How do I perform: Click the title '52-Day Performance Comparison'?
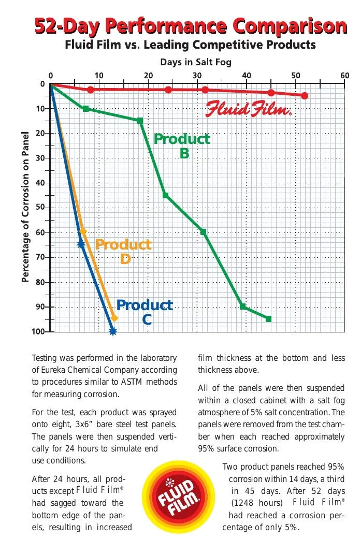pos(190,26)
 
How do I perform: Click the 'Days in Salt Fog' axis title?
pos(196,62)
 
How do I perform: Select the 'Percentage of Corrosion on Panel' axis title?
pos(25,207)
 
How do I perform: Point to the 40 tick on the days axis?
pos(247,76)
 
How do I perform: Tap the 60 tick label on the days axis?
pos(345,76)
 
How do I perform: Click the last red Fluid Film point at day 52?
pos(305,96)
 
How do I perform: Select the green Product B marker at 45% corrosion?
pos(165,195)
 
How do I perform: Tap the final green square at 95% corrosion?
pos(268,319)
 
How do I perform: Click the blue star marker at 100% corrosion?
pos(112,331)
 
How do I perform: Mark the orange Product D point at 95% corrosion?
pos(114,318)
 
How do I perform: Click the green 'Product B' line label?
pos(182,145)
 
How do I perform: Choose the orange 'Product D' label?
pos(123,251)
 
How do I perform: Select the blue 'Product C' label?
pos(145,312)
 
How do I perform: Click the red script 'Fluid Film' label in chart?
pos(249,110)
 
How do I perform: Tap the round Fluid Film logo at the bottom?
pos(178,498)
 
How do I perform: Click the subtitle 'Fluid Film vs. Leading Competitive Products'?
pos(190,45)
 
